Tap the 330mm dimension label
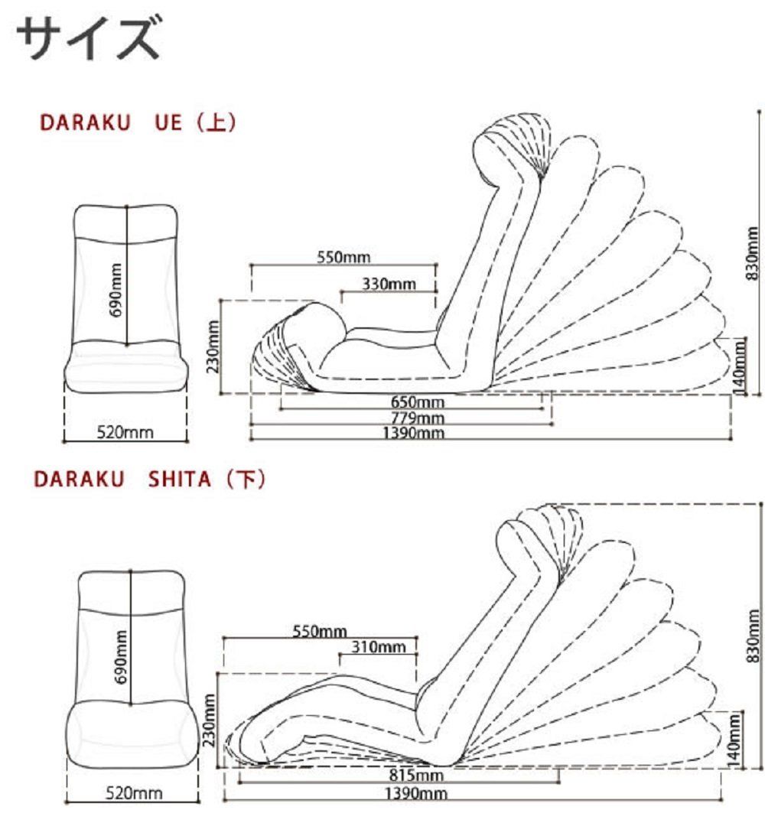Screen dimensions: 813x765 coord(389,285)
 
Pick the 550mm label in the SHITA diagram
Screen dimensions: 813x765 coord(320,632)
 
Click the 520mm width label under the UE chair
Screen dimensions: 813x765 coord(125,433)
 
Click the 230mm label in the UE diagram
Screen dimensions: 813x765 coord(214,346)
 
